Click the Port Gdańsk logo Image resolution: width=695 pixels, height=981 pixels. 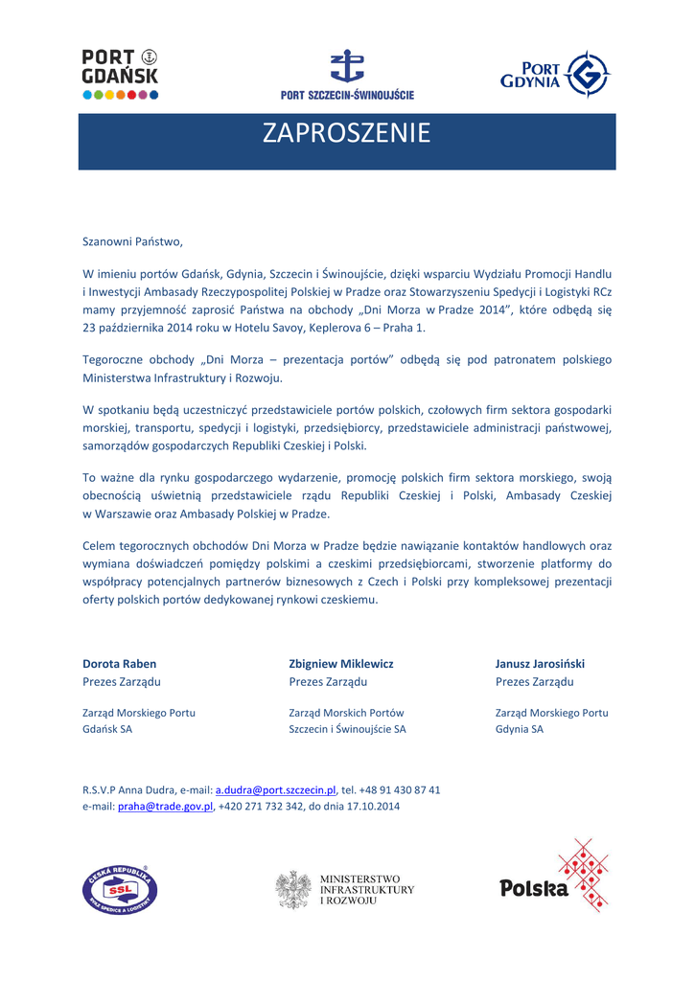coord(120,74)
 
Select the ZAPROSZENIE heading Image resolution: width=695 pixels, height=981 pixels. coord(347,134)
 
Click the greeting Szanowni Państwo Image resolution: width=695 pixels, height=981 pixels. coord(131,241)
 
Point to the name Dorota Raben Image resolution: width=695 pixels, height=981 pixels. coord(120,663)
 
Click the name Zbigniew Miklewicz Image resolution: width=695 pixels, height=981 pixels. coord(341,663)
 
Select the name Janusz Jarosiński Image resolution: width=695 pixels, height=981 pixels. coord(540,663)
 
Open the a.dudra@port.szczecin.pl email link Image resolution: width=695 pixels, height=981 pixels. coord(275,789)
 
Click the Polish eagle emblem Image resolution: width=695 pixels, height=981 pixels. coord(292,890)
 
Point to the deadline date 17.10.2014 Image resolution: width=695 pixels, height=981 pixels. coord(373,807)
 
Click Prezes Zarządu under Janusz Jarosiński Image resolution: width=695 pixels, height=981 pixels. coord(534,682)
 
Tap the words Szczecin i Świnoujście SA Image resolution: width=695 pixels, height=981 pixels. coord(347,729)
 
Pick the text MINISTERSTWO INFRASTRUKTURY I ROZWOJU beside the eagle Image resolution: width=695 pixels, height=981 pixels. coord(366,890)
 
